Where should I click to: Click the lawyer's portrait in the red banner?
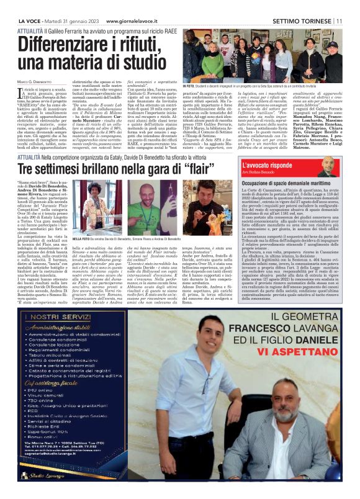click(328, 167)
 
